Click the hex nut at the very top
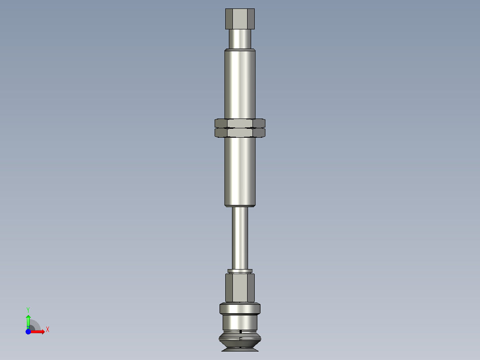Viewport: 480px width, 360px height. coord(240,18)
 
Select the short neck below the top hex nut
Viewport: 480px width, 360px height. coord(240,38)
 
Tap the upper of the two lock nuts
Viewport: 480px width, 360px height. coord(240,123)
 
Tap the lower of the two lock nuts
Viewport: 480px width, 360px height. coord(240,133)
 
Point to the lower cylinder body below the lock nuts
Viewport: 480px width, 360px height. coord(240,172)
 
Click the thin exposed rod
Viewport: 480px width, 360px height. coord(240,238)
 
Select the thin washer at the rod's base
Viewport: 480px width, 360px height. coord(240,271)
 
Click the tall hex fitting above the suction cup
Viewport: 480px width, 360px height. coord(240,287)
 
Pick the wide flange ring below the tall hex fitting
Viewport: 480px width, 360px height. coord(240,308)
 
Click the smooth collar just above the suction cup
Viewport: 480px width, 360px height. coord(240,322)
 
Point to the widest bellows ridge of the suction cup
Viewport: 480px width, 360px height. coord(240,341)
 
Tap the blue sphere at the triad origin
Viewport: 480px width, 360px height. coord(28,331)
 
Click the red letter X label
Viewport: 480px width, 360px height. coord(47,330)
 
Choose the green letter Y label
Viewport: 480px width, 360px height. coord(28,309)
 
